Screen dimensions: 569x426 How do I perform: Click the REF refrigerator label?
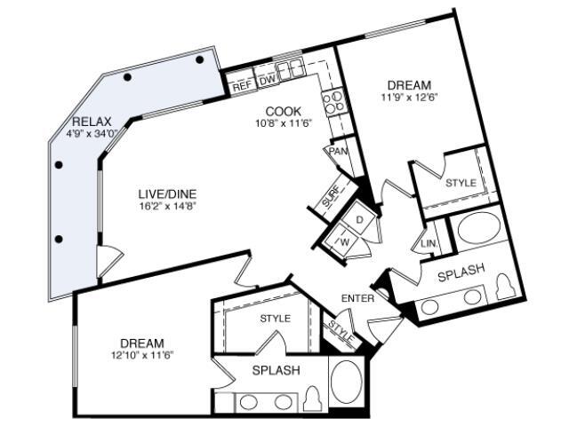click(242, 87)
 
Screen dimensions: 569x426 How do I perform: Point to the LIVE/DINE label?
click(167, 193)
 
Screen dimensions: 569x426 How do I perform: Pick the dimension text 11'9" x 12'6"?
click(409, 97)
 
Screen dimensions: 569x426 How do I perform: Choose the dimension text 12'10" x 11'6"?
click(142, 355)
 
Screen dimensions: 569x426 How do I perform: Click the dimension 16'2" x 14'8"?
click(167, 207)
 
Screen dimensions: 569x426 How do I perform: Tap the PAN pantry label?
click(338, 151)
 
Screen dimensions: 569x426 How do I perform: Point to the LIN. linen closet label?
click(429, 244)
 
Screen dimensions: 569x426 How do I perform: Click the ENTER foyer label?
click(357, 298)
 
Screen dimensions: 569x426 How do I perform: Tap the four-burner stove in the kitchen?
click(333, 102)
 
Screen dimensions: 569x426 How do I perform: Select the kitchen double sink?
click(290, 69)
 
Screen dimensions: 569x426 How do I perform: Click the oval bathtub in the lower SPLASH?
click(348, 382)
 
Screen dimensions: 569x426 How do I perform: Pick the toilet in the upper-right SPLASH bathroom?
click(505, 287)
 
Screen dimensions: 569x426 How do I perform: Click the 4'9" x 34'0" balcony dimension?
click(92, 134)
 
